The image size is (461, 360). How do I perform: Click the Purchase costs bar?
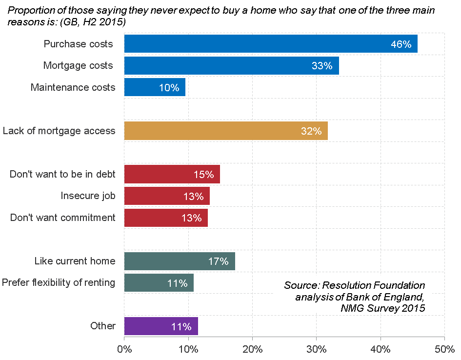coord(271,44)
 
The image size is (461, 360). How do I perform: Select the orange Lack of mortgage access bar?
coord(226,131)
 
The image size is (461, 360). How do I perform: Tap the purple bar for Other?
coord(161,326)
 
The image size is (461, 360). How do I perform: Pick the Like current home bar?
coord(180,261)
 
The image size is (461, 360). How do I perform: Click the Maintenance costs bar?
coord(155,87)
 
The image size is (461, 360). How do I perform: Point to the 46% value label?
coord(401,44)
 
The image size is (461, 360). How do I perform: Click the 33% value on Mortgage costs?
coord(322,66)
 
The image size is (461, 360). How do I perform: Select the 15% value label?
coord(203,174)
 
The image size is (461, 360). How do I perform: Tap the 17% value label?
coord(218,261)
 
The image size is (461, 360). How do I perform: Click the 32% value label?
coord(311,131)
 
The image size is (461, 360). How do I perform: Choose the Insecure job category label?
coord(88,196)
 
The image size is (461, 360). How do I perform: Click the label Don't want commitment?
coord(63,218)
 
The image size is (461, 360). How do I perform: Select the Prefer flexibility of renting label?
coord(59,282)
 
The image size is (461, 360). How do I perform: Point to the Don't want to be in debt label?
coord(62,174)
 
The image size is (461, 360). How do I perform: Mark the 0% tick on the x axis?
coord(124,350)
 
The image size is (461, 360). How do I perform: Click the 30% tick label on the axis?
coord(316,350)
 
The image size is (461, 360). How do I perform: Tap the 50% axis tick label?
coord(444,350)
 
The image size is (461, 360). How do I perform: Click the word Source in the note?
coord(301,285)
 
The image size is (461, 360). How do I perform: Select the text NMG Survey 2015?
coord(383,308)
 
